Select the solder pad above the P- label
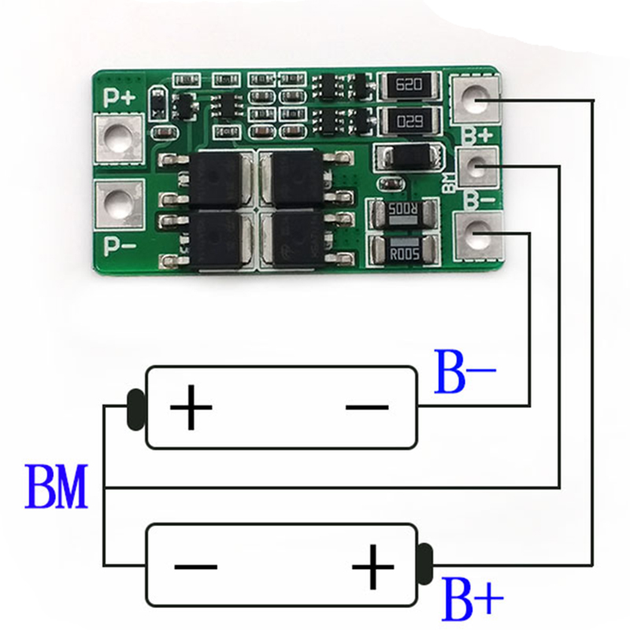(119, 202)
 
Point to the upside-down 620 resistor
(406, 122)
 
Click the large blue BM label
(56, 487)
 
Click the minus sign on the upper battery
(367, 407)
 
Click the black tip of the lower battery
(426, 561)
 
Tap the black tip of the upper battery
(135, 407)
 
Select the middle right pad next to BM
(476, 165)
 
